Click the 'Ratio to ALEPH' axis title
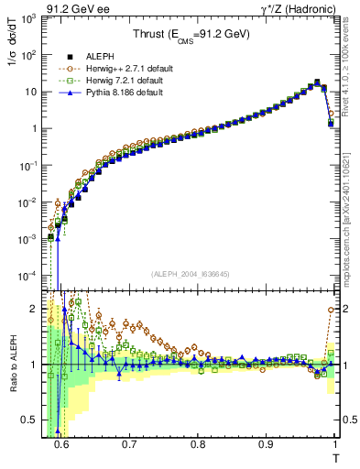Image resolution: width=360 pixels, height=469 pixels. (12, 364)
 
